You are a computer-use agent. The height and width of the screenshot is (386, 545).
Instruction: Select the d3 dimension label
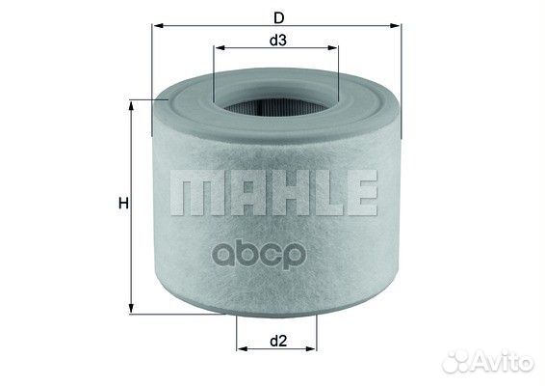pyautogui.click(x=275, y=40)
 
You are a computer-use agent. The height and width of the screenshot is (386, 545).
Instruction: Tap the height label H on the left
pyautogui.click(x=122, y=203)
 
